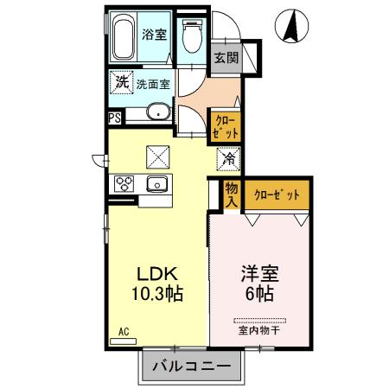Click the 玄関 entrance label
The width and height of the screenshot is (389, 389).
[226, 59]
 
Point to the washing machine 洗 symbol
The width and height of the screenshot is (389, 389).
[120, 84]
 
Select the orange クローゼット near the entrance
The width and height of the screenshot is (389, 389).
[225, 127]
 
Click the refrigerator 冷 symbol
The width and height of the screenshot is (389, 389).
[228, 158]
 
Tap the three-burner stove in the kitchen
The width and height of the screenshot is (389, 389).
[124, 184]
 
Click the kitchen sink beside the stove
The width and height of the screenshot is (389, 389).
[156, 183]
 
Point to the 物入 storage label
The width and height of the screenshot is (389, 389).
[231, 193]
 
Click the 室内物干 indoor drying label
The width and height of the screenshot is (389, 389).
[259, 329]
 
